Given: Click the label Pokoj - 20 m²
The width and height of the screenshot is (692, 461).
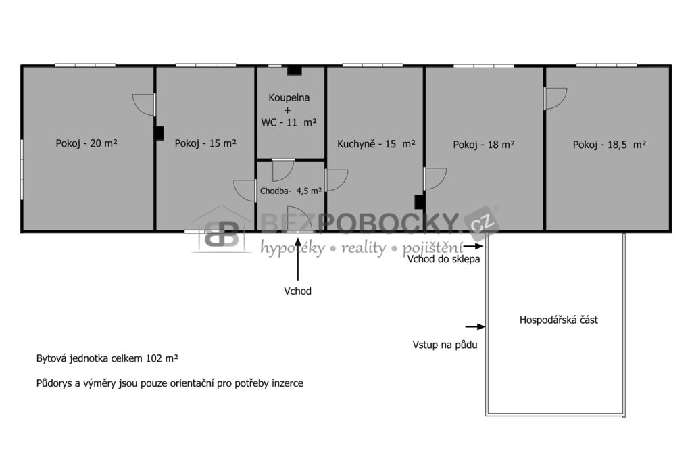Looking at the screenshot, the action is (86, 143).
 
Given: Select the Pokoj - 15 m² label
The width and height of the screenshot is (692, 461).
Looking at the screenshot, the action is (205, 143).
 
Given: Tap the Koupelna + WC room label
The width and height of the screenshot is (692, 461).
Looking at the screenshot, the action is (289, 110).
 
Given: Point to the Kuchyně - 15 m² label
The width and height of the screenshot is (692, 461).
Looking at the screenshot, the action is (376, 144).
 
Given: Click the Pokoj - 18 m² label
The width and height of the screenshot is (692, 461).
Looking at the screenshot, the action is (484, 145).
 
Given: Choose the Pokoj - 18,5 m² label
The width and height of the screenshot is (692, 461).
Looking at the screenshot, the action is (610, 145).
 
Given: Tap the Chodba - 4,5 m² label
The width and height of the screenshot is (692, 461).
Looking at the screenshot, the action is (291, 191).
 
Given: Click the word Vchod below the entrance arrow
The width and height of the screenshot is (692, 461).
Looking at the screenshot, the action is (298, 291).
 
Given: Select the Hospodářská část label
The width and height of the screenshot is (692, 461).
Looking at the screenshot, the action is (559, 320).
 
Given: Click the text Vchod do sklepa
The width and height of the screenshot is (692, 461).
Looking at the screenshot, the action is (443, 259).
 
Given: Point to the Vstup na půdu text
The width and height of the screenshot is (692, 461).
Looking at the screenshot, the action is (445, 345).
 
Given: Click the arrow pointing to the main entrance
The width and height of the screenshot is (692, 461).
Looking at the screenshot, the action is (298, 259).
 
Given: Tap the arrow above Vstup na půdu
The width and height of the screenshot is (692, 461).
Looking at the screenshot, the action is (475, 326).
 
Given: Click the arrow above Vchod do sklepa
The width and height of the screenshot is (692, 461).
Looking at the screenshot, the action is (473, 247).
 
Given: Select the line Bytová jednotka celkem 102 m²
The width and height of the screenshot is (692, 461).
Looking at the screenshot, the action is (107, 358).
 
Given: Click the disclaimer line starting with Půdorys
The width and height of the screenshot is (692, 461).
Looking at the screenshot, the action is (170, 383).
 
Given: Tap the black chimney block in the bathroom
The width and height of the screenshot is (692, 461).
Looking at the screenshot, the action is (295, 71).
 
